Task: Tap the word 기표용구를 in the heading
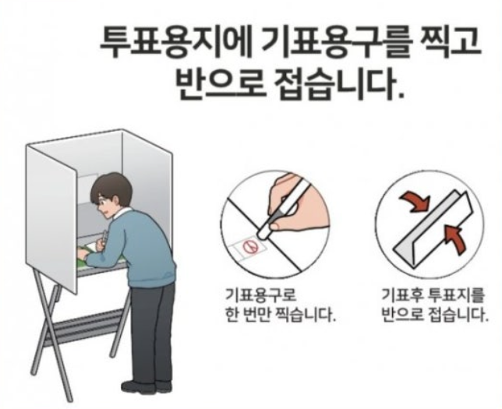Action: (x=335, y=42)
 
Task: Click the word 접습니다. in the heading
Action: (x=339, y=83)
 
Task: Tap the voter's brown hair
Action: (x=111, y=187)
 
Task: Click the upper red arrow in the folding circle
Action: (x=415, y=200)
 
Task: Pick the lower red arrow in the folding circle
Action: (x=454, y=238)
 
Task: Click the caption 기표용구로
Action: (x=260, y=294)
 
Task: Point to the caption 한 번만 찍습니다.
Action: (x=280, y=315)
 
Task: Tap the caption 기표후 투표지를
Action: (x=432, y=294)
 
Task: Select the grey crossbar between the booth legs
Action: (x=84, y=328)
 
